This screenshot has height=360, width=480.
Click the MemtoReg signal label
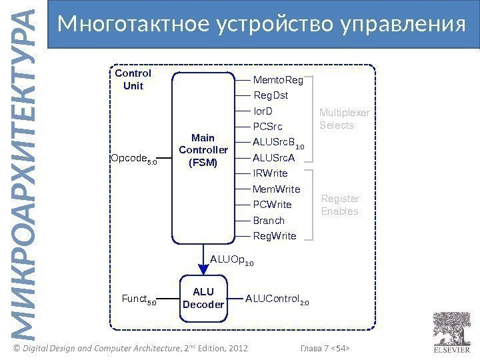tap(278, 81)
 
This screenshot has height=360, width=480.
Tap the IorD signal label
tap(263, 111)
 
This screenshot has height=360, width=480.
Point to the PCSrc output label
tap(268, 127)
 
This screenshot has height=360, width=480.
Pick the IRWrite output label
tap(271, 173)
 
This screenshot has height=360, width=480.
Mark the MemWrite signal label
tap(277, 189)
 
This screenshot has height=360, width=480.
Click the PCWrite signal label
tap(273, 205)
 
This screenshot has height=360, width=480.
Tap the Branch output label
tap(269, 221)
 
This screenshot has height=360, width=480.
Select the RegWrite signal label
tap(275, 236)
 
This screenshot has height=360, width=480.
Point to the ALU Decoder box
tap(203, 299)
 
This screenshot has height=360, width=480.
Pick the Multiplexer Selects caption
tap(344, 119)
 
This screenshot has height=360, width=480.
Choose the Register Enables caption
tap(340, 205)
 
